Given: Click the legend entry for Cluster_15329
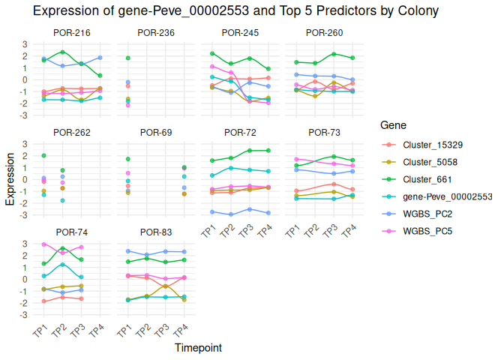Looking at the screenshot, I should (430, 145).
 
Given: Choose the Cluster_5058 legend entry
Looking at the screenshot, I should (428, 162).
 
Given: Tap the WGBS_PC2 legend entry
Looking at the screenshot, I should (426, 214).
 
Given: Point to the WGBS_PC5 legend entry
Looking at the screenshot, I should (426, 231).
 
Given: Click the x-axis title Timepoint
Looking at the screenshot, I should (198, 348).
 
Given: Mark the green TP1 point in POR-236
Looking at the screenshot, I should (128, 58).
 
